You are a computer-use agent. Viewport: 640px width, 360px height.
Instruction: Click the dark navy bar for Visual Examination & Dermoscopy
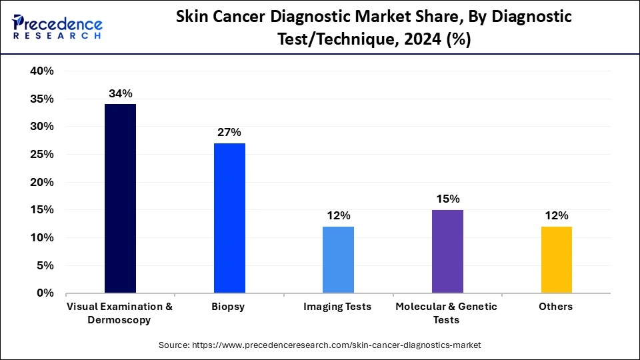(x=120, y=198)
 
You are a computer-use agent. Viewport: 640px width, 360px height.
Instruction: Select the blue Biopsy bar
(x=229, y=218)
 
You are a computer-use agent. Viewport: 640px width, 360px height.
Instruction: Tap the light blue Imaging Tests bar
(x=338, y=259)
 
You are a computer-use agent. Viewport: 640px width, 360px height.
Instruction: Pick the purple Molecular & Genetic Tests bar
(x=447, y=251)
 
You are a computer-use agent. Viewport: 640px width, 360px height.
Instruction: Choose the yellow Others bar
(x=556, y=259)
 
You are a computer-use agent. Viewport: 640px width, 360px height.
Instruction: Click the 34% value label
(x=120, y=93)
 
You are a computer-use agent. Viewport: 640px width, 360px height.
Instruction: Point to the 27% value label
(x=229, y=132)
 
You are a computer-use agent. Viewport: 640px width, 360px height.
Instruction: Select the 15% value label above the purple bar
(x=447, y=199)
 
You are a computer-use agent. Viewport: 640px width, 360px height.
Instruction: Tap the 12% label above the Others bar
(x=556, y=215)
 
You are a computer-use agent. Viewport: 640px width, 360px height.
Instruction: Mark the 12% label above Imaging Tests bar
(x=338, y=215)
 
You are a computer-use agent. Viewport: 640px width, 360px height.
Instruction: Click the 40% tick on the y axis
(x=41, y=71)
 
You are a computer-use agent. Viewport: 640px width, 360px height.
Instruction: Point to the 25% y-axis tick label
(x=41, y=155)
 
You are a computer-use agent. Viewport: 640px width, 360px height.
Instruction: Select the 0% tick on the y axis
(x=45, y=293)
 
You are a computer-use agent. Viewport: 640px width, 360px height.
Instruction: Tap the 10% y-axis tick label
(x=41, y=238)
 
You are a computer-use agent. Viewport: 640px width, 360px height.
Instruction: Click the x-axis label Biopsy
(x=229, y=307)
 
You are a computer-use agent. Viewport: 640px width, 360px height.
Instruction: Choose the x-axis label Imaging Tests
(x=338, y=307)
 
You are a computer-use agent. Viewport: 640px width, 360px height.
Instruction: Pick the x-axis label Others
(x=556, y=307)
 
